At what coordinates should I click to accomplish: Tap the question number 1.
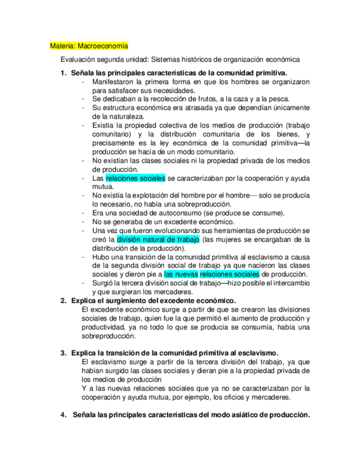click(x=63, y=73)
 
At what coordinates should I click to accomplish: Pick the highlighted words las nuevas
click(x=181, y=274)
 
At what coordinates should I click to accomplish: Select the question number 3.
click(x=63, y=353)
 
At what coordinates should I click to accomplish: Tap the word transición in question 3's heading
click(x=120, y=353)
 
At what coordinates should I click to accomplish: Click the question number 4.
click(x=63, y=415)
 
